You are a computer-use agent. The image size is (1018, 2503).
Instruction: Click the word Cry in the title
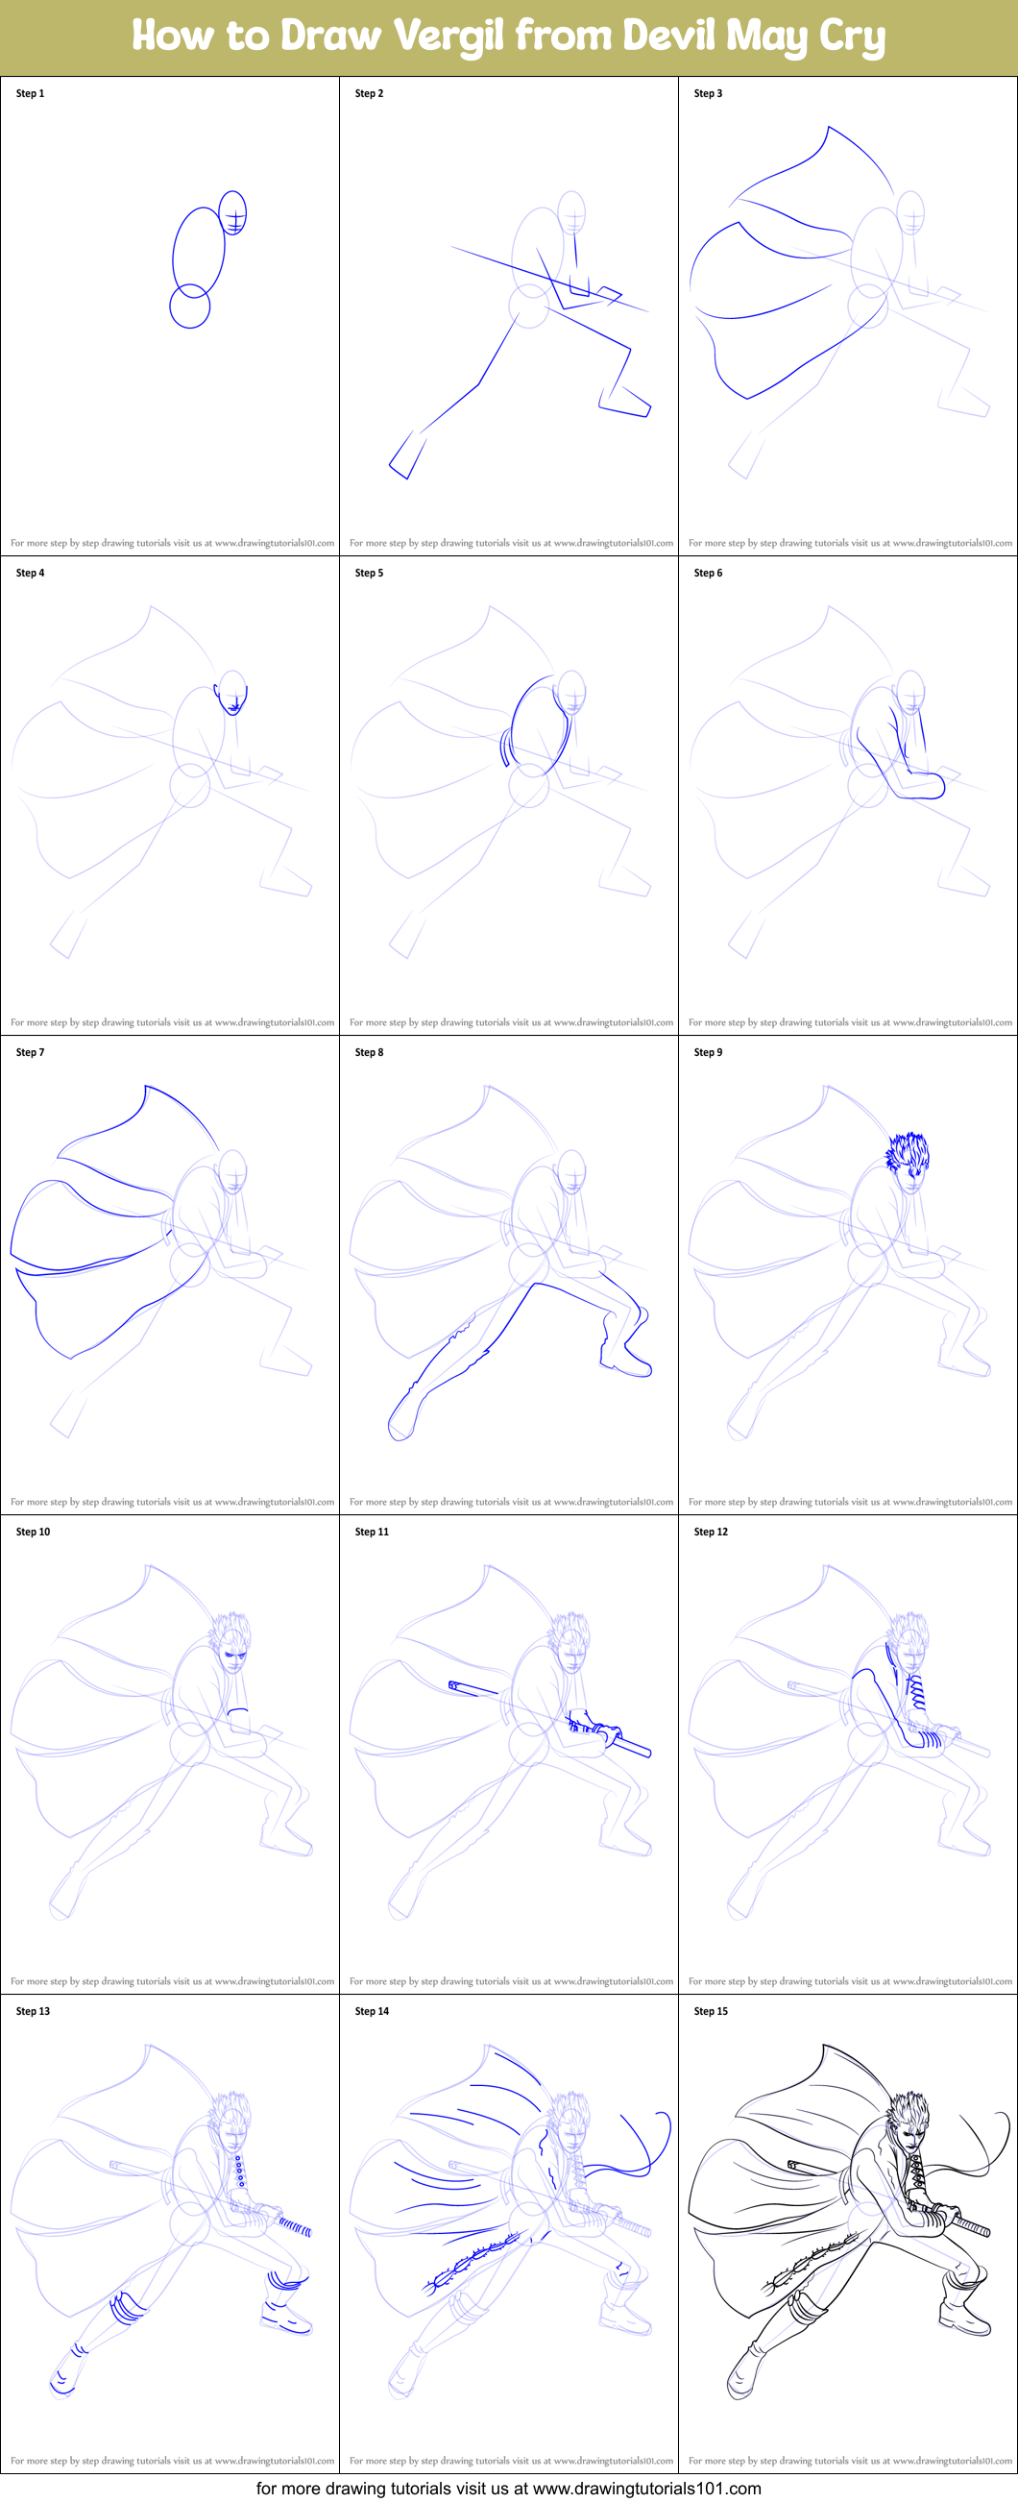point(852,36)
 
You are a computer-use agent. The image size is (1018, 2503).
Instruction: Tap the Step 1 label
point(30,93)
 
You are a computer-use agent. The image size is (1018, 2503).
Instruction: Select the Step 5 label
point(369,573)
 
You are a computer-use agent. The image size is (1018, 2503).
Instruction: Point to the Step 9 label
point(708,1051)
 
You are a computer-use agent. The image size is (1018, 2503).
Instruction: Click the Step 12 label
point(711,1532)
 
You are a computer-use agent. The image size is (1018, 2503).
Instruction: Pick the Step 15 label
point(711,2010)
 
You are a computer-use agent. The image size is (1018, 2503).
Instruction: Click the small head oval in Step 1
point(233,211)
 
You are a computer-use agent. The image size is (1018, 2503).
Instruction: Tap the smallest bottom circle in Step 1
point(189,307)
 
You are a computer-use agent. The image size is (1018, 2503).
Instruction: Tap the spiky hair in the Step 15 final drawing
point(909,2112)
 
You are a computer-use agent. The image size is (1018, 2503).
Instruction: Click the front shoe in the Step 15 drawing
point(966,2323)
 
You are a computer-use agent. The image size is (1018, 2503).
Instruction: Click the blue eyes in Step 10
point(234,1653)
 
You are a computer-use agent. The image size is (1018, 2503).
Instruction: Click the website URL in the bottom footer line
point(647,2489)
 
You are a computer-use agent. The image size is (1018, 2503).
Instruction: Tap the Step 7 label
point(30,1051)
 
